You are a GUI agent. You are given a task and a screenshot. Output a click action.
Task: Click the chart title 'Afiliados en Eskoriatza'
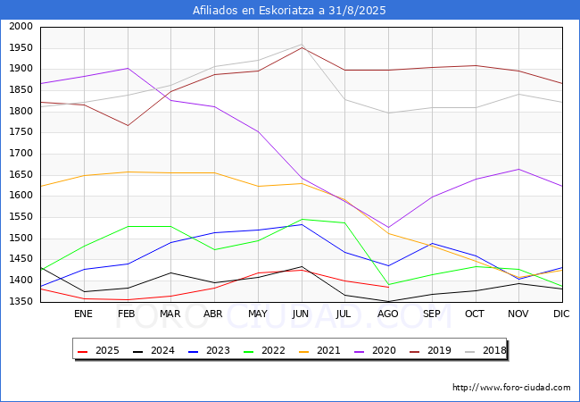coord(290,10)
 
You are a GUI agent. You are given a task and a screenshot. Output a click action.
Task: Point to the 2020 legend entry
coord(380,350)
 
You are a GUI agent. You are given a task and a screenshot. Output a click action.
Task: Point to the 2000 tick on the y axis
coord(21,27)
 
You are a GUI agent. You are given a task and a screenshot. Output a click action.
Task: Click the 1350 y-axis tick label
coord(21,302)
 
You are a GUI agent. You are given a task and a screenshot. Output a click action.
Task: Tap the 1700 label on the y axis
coord(21,154)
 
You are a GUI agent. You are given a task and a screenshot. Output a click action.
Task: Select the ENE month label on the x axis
coord(83,314)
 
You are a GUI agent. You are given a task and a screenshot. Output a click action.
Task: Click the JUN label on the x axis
coord(301,314)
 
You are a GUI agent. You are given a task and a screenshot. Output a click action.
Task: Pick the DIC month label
coord(561,314)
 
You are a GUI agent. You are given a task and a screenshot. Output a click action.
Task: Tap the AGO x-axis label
coord(388,314)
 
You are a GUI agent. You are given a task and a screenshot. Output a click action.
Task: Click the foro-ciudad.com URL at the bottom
coord(511,388)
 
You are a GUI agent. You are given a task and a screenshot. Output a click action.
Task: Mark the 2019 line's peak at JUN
coord(302,47)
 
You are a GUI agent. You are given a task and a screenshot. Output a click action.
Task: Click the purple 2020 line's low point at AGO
coord(388,228)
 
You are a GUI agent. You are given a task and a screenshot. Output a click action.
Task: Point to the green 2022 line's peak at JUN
coord(302,219)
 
